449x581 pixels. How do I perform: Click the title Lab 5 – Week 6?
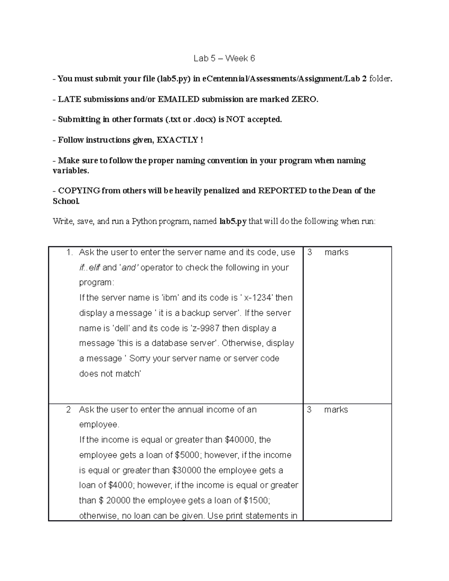(x=224, y=58)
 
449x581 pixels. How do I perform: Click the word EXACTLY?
(x=177, y=140)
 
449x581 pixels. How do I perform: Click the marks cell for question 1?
(x=328, y=252)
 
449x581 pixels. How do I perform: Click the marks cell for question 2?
(x=328, y=409)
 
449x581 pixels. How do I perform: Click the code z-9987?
(x=205, y=328)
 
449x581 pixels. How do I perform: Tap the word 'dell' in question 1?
(x=121, y=328)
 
